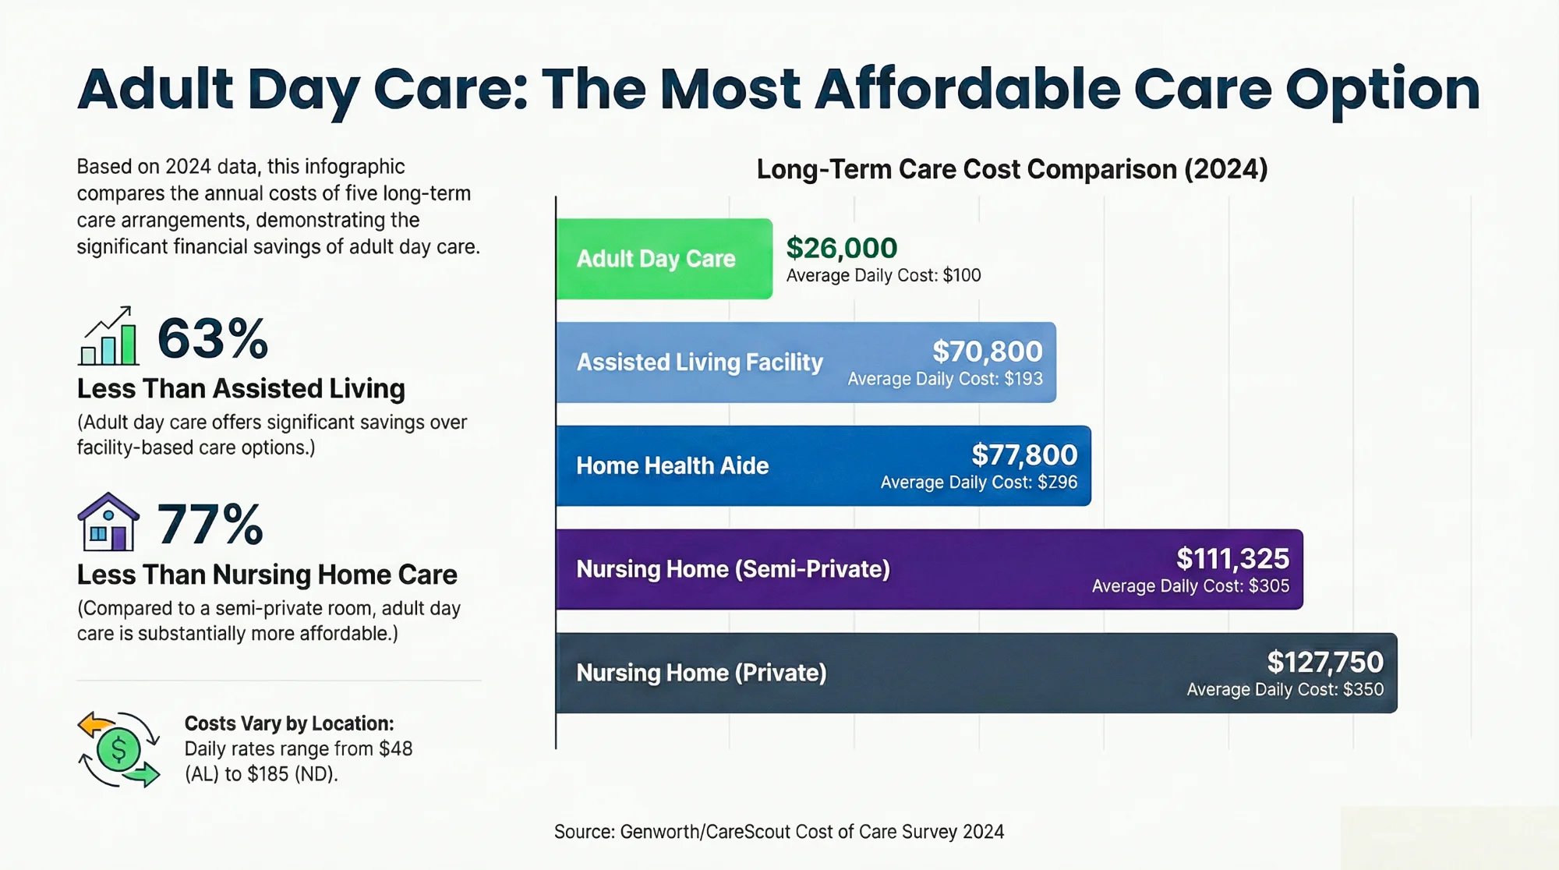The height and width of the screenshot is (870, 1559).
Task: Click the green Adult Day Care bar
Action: pyautogui.click(x=664, y=259)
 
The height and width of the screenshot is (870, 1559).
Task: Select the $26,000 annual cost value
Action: pyautogui.click(x=841, y=248)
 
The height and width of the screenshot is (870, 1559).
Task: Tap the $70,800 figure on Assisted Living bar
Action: pyautogui.click(x=987, y=352)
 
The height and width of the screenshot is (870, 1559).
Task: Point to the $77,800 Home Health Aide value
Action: pyautogui.click(x=1023, y=454)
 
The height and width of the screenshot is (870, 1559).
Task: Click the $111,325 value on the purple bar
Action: pyautogui.click(x=1232, y=558)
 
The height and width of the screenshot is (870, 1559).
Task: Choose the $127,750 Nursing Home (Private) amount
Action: pyautogui.click(x=1324, y=662)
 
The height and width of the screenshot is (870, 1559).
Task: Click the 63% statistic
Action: pyautogui.click(x=213, y=339)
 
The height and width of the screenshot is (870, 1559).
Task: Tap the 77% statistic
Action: pyautogui.click(x=210, y=525)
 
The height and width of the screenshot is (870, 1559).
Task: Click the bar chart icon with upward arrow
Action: pyautogui.click(x=108, y=337)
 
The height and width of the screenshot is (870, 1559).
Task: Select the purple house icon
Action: pyautogui.click(x=108, y=522)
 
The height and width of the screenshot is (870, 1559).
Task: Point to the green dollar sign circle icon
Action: pyautogui.click(x=118, y=750)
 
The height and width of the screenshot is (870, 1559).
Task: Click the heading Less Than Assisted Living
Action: pyautogui.click(x=241, y=388)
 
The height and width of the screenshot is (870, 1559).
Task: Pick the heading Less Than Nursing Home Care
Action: pyautogui.click(x=267, y=575)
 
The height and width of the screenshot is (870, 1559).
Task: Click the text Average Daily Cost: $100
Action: pyautogui.click(x=883, y=275)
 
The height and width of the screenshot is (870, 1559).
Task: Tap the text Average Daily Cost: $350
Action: pyautogui.click(x=1285, y=689)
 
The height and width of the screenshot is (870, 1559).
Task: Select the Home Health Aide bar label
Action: pyautogui.click(x=672, y=465)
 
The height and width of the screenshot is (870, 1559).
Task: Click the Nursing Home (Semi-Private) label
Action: pyautogui.click(x=733, y=569)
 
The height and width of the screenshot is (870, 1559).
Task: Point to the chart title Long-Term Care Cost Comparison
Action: pyautogui.click(x=1012, y=169)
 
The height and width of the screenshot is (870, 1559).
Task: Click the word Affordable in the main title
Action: pyautogui.click(x=967, y=89)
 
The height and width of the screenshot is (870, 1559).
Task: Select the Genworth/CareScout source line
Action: pyautogui.click(x=779, y=832)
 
